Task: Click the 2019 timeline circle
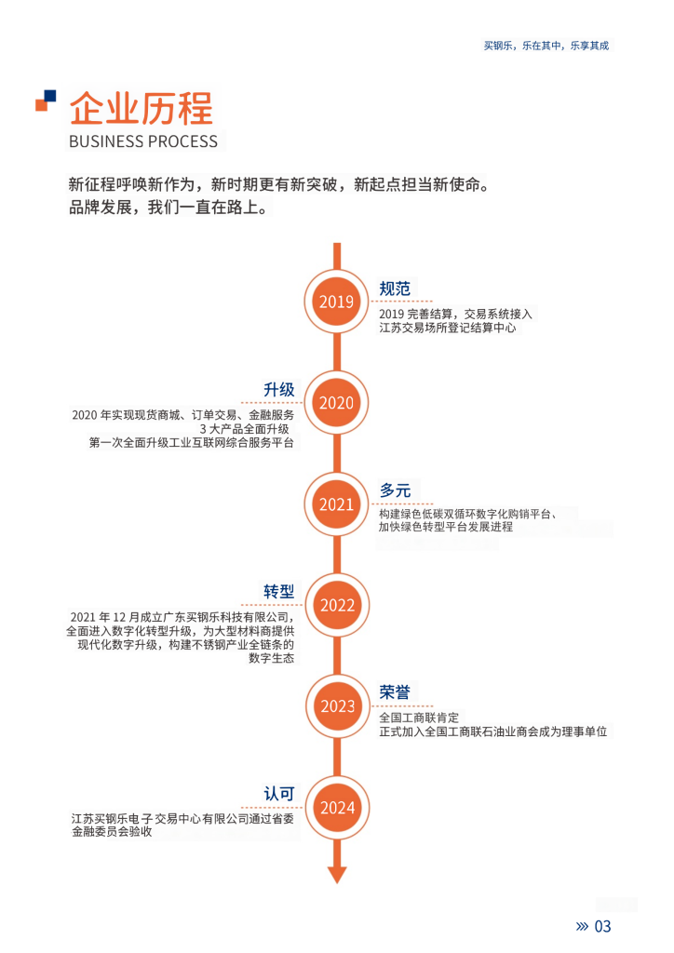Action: [337, 302]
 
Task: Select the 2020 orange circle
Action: [337, 402]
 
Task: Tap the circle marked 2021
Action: [337, 503]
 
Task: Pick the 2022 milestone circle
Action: [337, 605]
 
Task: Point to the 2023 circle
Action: [337, 706]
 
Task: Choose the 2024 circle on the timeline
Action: [337, 808]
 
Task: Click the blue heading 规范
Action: [395, 289]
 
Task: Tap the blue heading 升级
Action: [279, 390]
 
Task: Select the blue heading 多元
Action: [395, 490]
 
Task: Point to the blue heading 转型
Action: [279, 591]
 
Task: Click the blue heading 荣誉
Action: [395, 692]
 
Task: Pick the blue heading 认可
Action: [279, 794]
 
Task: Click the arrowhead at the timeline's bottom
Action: [337, 875]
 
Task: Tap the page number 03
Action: [603, 926]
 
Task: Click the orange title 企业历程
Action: [141, 108]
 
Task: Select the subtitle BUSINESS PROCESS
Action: [143, 141]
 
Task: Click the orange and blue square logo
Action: [46, 101]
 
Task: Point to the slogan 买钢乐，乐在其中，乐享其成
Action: [546, 46]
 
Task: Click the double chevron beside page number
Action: [582, 926]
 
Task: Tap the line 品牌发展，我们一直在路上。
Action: [168, 208]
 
